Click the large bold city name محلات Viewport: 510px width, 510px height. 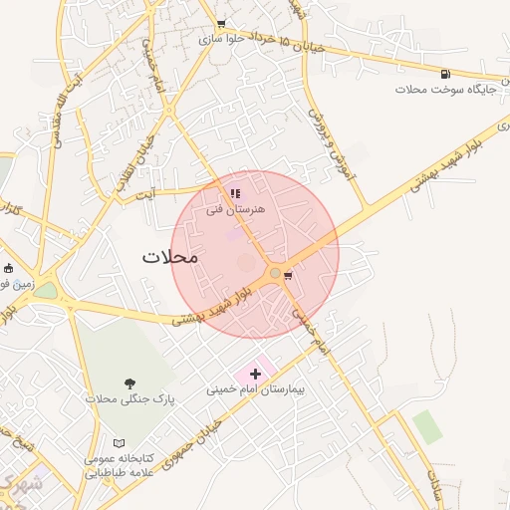point(170,256)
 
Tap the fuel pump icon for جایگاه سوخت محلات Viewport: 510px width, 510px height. point(444,74)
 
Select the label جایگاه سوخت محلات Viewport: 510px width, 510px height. point(439,91)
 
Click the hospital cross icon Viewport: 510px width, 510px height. point(256,374)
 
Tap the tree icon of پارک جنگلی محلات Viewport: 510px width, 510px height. point(129,383)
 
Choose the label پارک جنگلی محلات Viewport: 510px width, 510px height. point(129,399)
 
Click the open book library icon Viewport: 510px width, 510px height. point(120,442)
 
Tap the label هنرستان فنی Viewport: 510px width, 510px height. point(236,210)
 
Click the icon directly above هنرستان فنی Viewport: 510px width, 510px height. point(235,194)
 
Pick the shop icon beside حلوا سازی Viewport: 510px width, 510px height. point(221,24)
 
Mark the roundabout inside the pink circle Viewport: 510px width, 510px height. point(274,273)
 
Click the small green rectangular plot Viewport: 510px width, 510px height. point(427,426)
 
